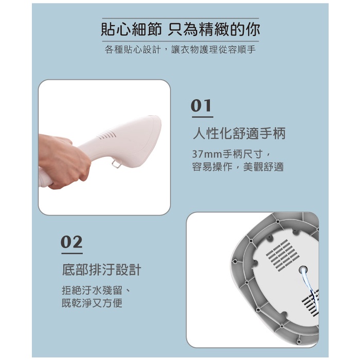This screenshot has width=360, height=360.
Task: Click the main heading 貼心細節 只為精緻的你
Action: pos(181,30)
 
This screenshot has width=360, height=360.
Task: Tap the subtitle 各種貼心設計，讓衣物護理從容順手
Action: pos(180,49)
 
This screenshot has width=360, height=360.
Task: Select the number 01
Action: pos(201,105)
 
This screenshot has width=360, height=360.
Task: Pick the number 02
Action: pos(71,242)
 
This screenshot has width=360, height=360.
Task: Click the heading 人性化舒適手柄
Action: pos(239,133)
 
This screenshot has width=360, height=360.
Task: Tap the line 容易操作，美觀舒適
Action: pos(238,167)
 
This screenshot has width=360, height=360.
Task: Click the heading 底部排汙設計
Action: pos(101,270)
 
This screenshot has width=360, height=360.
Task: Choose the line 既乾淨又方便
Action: pos(92,303)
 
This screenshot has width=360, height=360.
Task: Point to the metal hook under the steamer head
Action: pos(117,164)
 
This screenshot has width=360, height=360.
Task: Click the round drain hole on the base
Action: pos(303,270)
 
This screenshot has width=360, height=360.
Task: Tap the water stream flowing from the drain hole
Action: pos(311,290)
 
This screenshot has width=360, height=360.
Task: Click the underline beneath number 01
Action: pos(203,117)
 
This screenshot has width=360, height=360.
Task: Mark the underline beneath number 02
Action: pos(72,254)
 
